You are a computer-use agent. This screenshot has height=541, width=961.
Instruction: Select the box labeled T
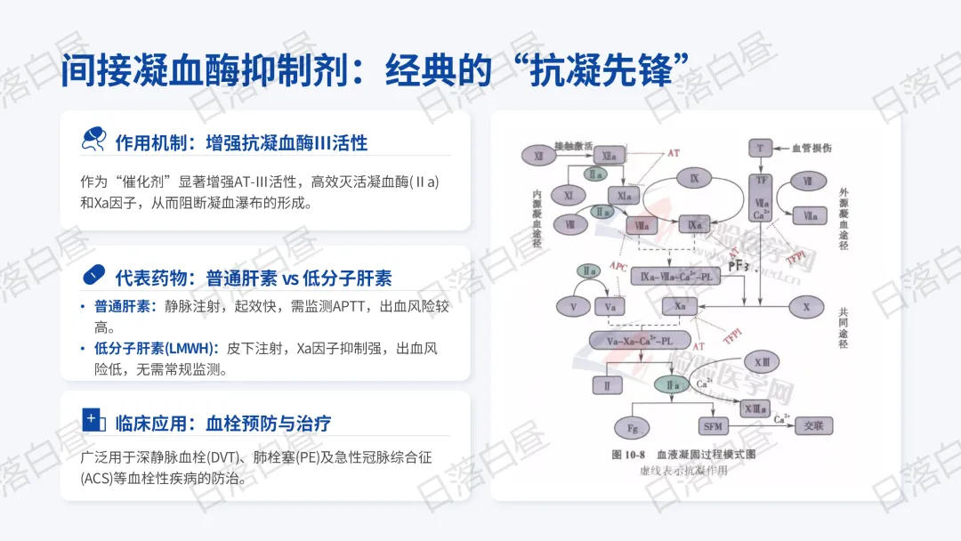(x=760, y=146)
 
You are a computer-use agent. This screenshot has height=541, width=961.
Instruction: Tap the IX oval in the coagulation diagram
(x=694, y=179)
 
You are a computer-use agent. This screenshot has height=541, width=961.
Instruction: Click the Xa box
(x=680, y=306)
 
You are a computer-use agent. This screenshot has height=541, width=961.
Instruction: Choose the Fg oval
(x=633, y=428)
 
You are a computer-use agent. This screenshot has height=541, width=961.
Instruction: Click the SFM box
(x=713, y=426)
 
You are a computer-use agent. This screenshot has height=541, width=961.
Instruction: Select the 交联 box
(x=814, y=425)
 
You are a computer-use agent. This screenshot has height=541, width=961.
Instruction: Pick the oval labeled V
(x=573, y=307)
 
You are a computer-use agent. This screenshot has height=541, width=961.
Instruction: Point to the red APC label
(x=618, y=267)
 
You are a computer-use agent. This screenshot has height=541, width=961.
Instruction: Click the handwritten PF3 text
(x=740, y=264)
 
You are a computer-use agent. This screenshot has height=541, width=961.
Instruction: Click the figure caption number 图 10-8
(x=629, y=455)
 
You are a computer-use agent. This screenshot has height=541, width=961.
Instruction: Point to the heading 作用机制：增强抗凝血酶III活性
(x=241, y=141)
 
